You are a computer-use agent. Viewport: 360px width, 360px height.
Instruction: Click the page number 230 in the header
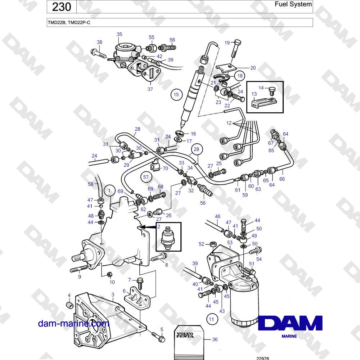pyautogui.click(x=61, y=6)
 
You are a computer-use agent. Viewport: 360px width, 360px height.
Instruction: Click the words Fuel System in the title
pyautogui.click(x=293, y=4)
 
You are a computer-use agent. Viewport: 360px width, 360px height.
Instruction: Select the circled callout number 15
pyautogui.click(x=176, y=94)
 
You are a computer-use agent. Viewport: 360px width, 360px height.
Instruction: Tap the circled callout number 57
pyautogui.click(x=146, y=177)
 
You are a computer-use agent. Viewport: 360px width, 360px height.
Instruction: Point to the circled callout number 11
pyautogui.click(x=211, y=319)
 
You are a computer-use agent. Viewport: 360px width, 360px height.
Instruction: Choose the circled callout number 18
pyautogui.click(x=240, y=76)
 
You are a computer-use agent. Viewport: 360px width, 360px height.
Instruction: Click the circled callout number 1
pyautogui.click(x=109, y=190)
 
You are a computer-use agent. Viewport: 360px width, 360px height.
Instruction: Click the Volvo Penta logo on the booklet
pyautogui.click(x=185, y=335)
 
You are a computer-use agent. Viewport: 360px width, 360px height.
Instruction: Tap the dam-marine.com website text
pyautogui.click(x=73, y=323)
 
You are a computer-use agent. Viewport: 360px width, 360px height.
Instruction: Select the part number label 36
pyautogui.click(x=215, y=339)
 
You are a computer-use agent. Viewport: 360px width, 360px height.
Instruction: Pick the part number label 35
pyautogui.click(x=120, y=34)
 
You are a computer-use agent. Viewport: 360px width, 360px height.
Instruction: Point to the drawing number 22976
pyautogui.click(x=262, y=358)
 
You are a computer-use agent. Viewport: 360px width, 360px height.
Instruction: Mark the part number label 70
pyautogui.click(x=165, y=168)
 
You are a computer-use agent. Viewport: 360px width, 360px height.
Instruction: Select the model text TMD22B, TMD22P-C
pyautogui.click(x=69, y=22)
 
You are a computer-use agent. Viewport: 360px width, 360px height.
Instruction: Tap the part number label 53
pyautogui.click(x=230, y=242)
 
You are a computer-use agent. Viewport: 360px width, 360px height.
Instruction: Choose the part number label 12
pyautogui.click(x=229, y=123)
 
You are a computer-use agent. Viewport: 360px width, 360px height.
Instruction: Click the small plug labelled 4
pyautogui.click(x=69, y=305)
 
